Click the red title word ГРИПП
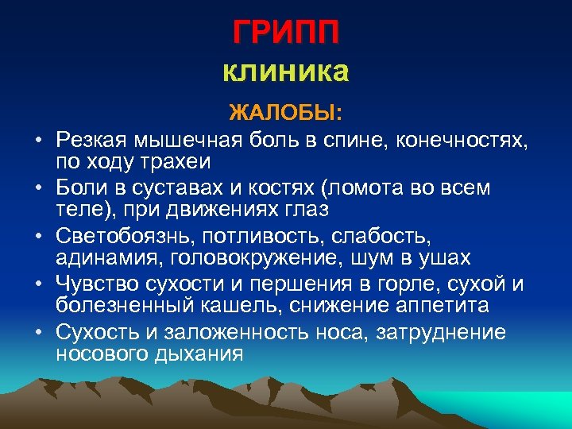click(x=286, y=33)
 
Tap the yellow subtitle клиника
click(x=286, y=72)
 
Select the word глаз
click(x=311, y=210)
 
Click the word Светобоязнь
click(x=125, y=237)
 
